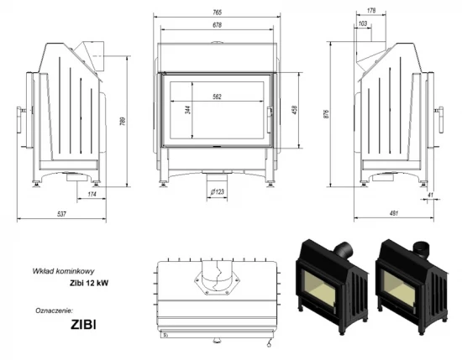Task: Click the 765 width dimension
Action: click(x=217, y=12)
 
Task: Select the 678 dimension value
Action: click(x=217, y=25)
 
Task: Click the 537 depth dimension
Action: click(x=60, y=215)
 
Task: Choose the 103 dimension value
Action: click(x=363, y=24)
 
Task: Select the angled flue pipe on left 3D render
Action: click(x=343, y=248)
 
